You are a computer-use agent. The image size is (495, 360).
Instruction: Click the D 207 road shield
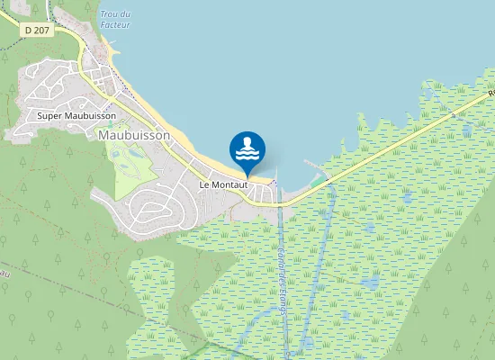37,29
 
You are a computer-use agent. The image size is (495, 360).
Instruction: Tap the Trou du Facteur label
115,20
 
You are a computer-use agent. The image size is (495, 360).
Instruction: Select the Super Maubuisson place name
76,115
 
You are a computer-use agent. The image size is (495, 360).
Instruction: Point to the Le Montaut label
223,184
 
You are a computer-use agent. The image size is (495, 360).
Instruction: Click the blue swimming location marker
247,151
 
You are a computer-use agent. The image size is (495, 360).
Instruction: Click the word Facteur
115,25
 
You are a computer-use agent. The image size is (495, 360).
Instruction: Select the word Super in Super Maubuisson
50,115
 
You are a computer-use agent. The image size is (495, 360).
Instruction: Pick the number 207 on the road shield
41,29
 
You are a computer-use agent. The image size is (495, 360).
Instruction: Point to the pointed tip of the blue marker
247,177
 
